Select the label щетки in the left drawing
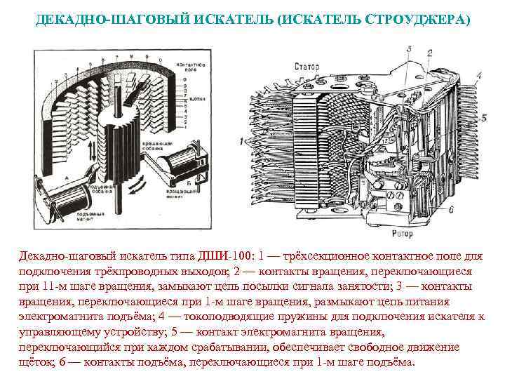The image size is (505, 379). pos(198,100)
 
